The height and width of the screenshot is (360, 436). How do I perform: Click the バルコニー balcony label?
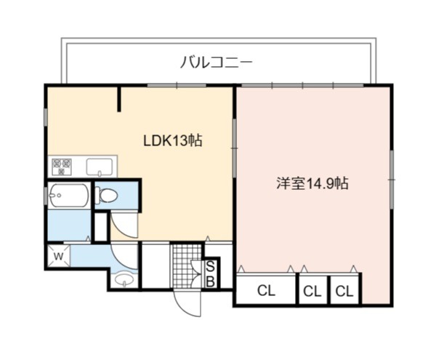tap(217, 62)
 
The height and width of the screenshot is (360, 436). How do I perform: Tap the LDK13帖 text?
tap(172, 140)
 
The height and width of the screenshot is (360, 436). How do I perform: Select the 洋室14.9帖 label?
tap(312, 183)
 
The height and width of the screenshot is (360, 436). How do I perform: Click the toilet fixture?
tap(107, 195)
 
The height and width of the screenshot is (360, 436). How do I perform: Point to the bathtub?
tap(69, 196)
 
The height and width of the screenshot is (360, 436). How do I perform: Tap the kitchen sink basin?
tap(100, 167)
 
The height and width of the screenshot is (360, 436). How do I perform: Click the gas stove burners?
tap(62, 166)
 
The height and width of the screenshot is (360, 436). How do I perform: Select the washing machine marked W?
tap(58, 256)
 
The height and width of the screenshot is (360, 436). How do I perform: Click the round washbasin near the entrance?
tap(124, 279)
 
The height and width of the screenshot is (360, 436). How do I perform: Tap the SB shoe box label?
tap(211, 274)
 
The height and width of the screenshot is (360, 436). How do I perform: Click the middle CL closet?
tap(312, 290)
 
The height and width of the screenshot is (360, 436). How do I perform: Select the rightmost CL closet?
tap(344, 290)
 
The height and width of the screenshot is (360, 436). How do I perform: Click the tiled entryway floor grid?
tap(186, 266)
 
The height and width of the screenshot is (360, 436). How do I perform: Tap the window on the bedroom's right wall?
tap(392, 180)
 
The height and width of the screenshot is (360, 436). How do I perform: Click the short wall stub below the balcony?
tap(119, 100)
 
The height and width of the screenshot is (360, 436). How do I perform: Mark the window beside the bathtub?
tap(45, 196)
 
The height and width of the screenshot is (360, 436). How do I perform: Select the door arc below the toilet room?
tap(124, 225)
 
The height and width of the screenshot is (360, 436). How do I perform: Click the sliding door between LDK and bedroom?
tap(235, 148)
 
